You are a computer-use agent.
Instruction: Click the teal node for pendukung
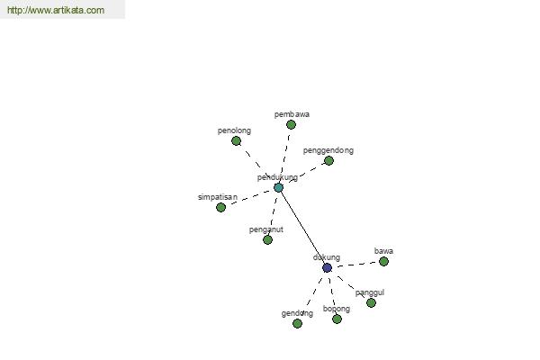click(x=279, y=188)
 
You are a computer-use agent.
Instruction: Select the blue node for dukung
click(x=328, y=267)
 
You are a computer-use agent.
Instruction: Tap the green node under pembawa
click(x=291, y=124)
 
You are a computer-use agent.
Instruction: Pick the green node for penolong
click(x=236, y=140)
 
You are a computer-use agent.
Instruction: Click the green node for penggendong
click(x=328, y=160)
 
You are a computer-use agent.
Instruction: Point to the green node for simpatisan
click(x=220, y=207)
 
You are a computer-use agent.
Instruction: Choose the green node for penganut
click(x=267, y=239)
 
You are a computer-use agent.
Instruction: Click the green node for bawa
click(x=383, y=262)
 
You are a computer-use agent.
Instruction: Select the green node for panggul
click(x=371, y=302)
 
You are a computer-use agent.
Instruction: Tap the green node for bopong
click(x=337, y=319)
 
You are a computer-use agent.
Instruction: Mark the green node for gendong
click(x=297, y=323)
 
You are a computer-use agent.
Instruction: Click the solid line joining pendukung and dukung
click(x=302, y=228)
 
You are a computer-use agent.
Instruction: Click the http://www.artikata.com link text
click(x=56, y=10)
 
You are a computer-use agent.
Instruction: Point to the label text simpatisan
click(x=218, y=197)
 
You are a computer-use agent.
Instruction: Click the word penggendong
click(x=328, y=150)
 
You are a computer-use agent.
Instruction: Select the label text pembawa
click(x=292, y=114)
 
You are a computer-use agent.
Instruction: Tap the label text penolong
click(x=234, y=130)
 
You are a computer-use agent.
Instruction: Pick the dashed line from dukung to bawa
click(x=357, y=265)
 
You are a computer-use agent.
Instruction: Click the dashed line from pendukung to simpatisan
click(x=250, y=197)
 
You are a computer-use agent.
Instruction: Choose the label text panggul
click(x=370, y=292)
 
